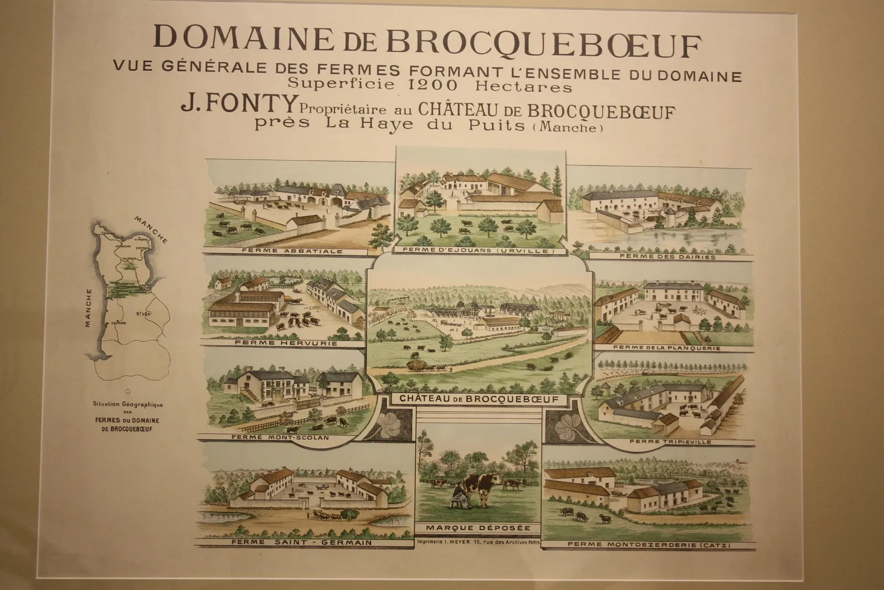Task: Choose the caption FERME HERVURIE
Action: pyautogui.click(x=286, y=343)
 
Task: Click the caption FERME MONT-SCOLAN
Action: pyautogui.click(x=280, y=437)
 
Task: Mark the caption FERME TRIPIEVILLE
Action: pyautogui.click(x=670, y=442)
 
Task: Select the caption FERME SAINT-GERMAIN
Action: pyautogui.click(x=302, y=542)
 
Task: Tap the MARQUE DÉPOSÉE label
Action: pyautogui.click(x=479, y=528)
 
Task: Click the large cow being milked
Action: pyautogui.click(x=480, y=487)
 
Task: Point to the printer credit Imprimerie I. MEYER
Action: pyautogui.click(x=478, y=542)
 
